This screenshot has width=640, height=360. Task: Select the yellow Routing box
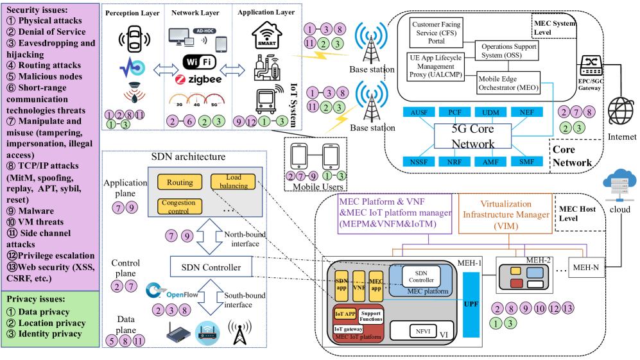click(x=180, y=183)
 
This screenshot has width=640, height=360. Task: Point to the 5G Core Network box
click(x=473, y=135)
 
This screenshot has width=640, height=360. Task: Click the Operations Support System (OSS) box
click(x=506, y=51)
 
